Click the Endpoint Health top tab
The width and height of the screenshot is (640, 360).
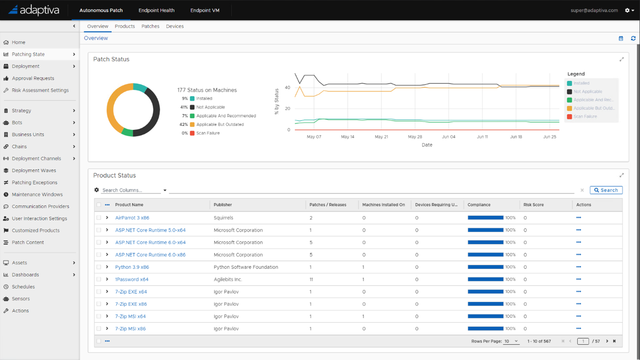[x=156, y=10]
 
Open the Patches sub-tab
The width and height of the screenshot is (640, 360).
[x=150, y=26]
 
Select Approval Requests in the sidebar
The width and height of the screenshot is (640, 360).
[x=33, y=78]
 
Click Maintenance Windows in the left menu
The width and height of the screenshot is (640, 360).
[x=37, y=194]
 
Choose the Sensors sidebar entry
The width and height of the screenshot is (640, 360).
[x=21, y=299]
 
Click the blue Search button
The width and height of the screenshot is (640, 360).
[x=606, y=190]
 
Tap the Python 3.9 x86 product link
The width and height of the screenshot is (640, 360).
[x=132, y=267]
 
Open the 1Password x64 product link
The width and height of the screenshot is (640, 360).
[x=132, y=279]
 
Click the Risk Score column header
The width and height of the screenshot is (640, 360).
[x=534, y=205]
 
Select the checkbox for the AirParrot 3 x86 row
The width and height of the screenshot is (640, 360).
[x=99, y=218]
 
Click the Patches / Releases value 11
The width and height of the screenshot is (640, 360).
[x=311, y=279]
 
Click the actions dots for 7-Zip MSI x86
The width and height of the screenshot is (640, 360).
[x=578, y=329]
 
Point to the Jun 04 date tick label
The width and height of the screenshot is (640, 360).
[x=448, y=137]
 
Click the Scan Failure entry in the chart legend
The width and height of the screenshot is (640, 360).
[x=585, y=117]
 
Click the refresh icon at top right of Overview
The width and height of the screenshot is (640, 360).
[x=633, y=39]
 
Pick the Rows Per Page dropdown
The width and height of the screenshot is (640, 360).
[x=511, y=341]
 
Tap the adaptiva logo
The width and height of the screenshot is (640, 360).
[x=34, y=10]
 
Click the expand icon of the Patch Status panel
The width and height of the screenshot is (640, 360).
[x=622, y=59]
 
